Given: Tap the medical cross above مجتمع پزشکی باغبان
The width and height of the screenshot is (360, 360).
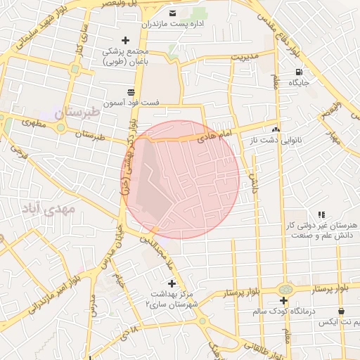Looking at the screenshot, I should click(x=126, y=40).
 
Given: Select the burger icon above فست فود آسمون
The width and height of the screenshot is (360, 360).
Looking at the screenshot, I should click(x=131, y=91).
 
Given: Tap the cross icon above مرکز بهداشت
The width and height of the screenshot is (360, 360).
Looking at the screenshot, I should click(x=172, y=283).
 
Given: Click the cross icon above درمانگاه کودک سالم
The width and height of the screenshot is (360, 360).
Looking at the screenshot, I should click(x=283, y=300).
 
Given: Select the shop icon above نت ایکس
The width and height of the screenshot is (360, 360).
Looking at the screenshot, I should click(x=341, y=311).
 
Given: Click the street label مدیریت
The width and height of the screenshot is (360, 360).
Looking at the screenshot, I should click(x=246, y=55).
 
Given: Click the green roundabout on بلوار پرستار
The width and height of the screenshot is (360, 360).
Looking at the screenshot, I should click(x=284, y=290).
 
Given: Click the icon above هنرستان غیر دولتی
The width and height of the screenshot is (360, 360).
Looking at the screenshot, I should click(x=321, y=214).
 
